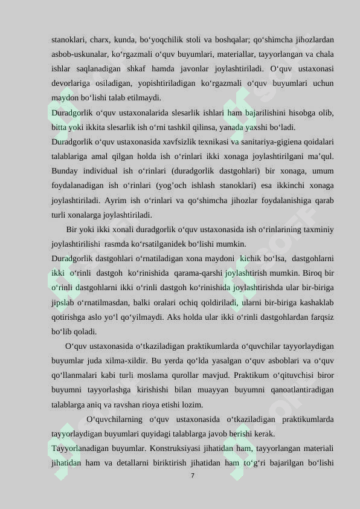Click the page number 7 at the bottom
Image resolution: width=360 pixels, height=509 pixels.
[x=192, y=476]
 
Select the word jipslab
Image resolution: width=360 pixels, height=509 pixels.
[x=65, y=302]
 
